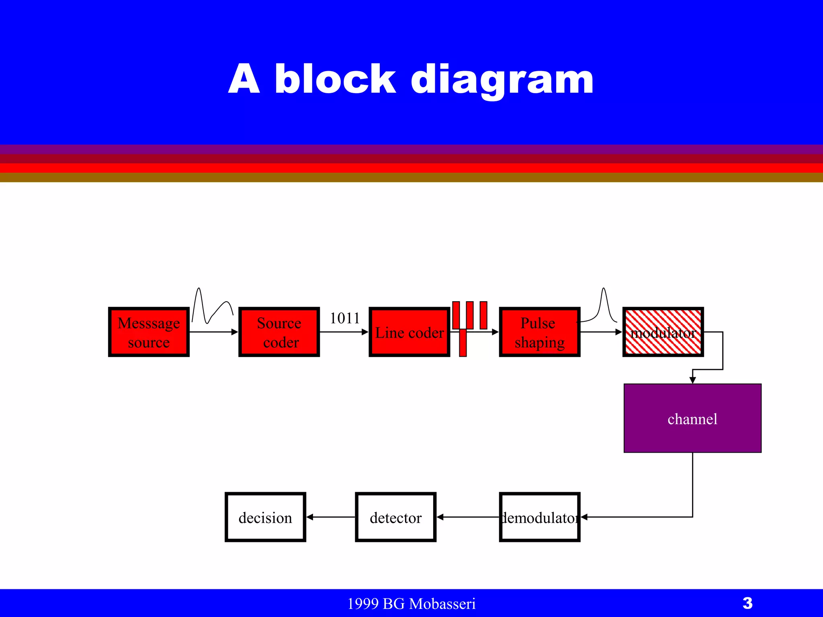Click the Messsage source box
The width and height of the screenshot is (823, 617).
point(149,332)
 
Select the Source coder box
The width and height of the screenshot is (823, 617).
point(279,332)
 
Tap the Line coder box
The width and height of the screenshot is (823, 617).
point(409,332)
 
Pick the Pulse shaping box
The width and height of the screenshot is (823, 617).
point(539,332)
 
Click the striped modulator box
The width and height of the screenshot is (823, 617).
point(663,332)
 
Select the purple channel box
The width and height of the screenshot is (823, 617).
point(692,418)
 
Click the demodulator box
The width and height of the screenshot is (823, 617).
point(539,517)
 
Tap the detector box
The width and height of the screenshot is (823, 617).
point(395,517)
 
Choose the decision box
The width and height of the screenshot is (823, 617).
point(265,517)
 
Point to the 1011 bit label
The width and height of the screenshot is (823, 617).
point(345,318)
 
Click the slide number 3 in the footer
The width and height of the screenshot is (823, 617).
point(747,603)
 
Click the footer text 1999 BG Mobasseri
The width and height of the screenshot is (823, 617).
point(411,604)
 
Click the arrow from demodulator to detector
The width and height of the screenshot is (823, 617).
point(468,517)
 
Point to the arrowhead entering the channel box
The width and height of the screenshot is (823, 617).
point(692,380)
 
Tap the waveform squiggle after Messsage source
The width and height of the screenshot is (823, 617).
point(212,307)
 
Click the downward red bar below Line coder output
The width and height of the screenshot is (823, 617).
point(463,343)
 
